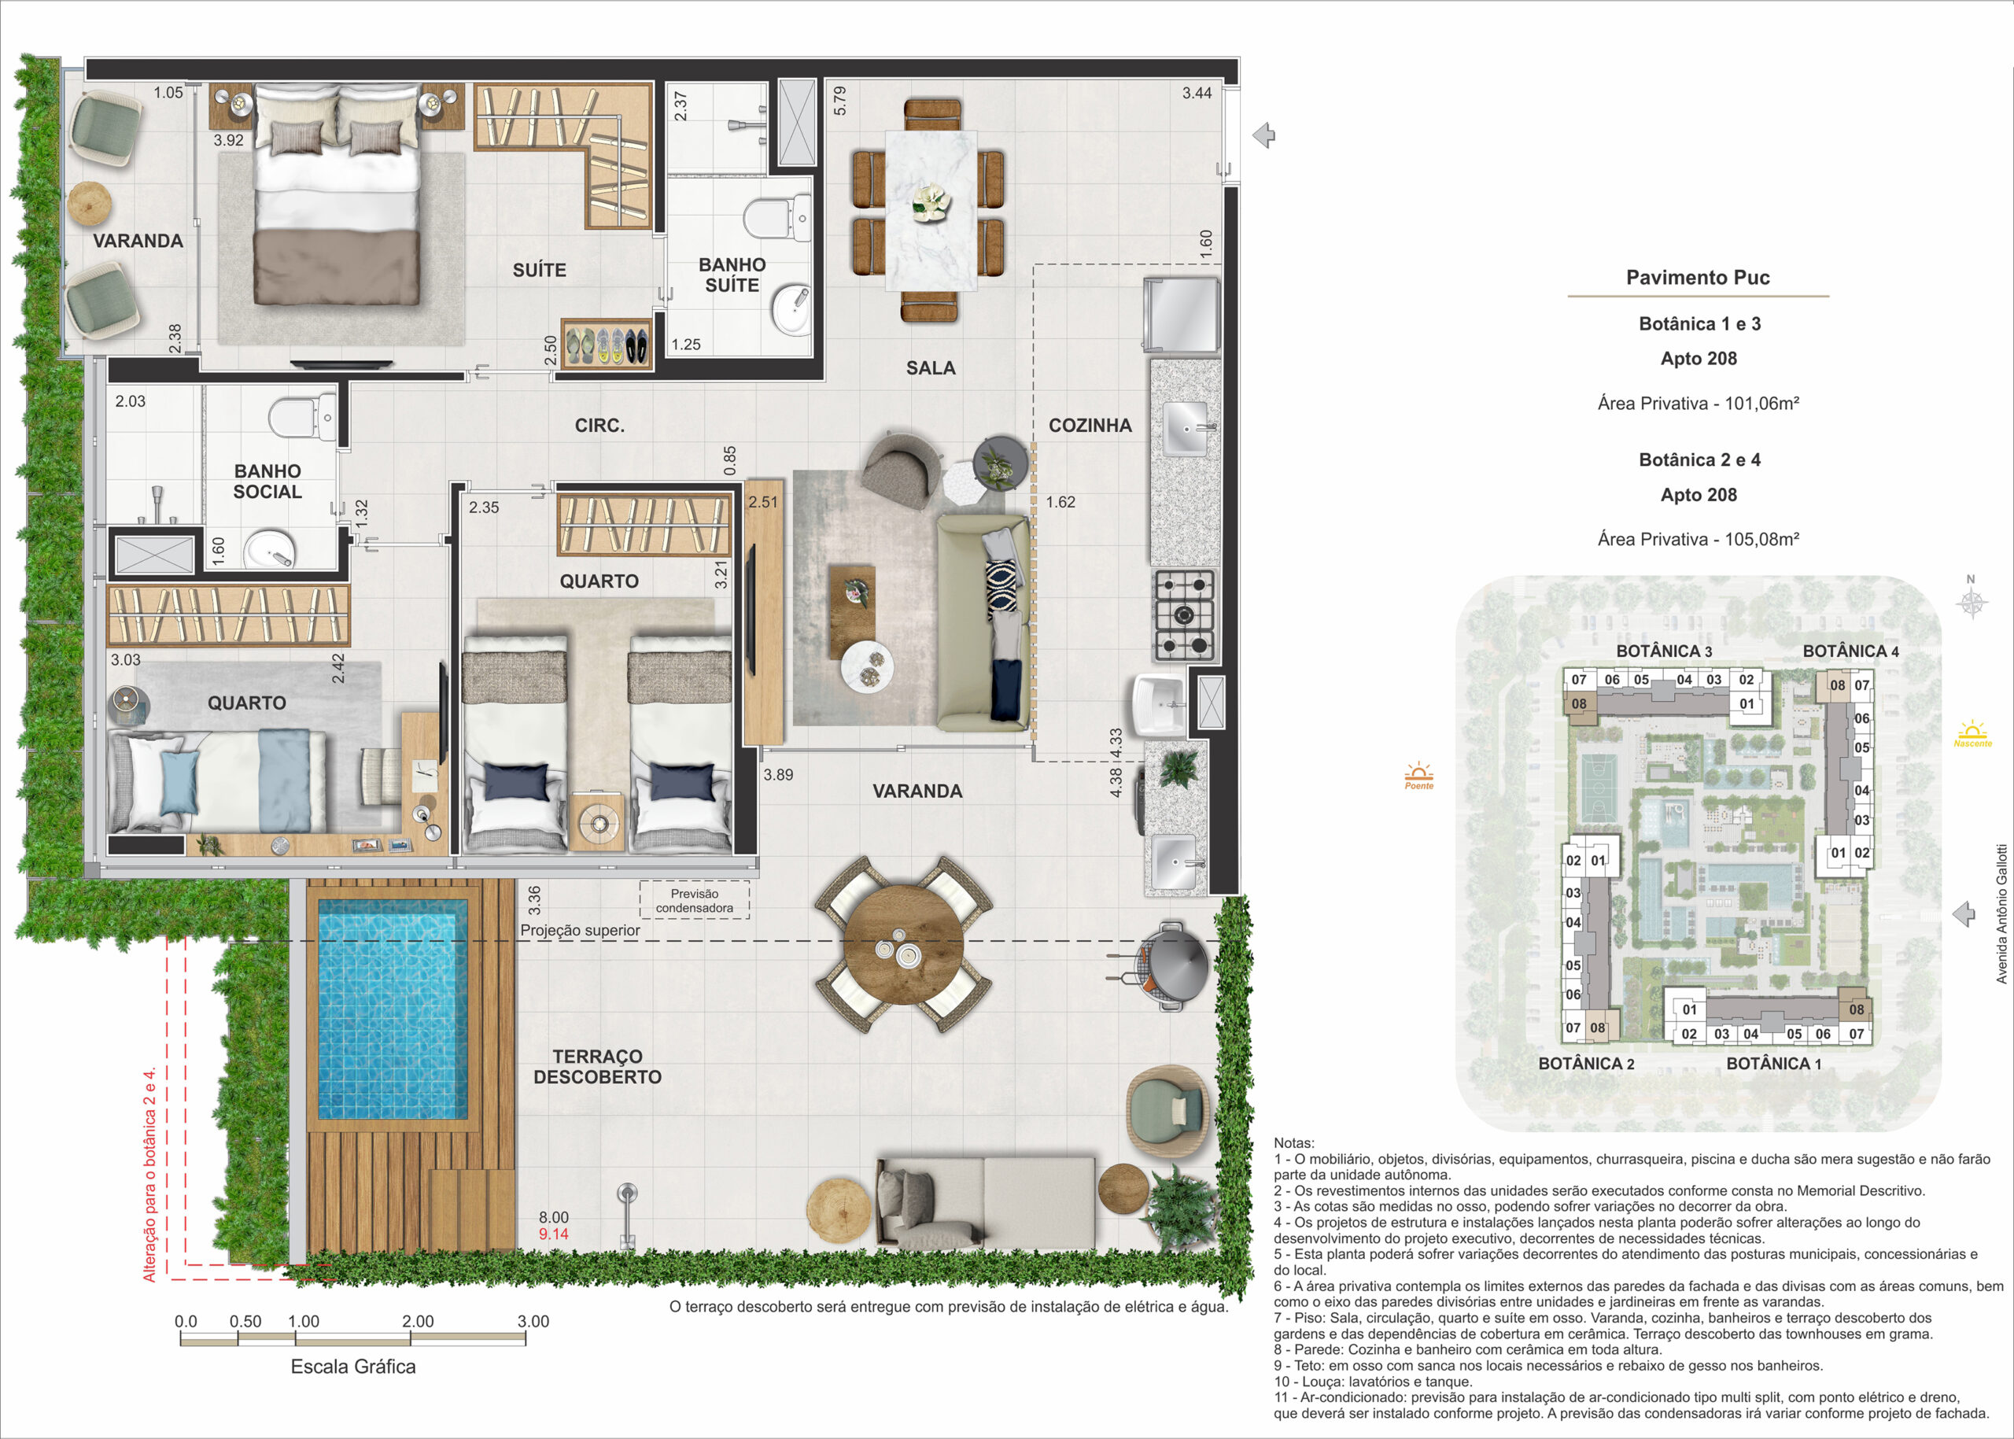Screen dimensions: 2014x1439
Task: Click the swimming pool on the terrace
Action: (393, 1011)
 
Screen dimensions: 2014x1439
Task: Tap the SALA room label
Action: (931, 367)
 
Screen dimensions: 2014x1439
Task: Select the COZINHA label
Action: (1090, 426)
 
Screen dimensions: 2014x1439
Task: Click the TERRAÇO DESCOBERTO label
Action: (597, 1067)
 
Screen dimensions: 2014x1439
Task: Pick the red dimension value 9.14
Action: (554, 1234)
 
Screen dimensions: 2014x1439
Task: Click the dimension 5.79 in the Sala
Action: (840, 100)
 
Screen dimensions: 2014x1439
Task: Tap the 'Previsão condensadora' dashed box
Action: (695, 900)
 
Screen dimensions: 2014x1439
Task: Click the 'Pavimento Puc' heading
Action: (1698, 278)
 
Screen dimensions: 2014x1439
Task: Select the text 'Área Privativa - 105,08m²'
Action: (1699, 539)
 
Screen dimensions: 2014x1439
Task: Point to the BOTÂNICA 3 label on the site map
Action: (1664, 651)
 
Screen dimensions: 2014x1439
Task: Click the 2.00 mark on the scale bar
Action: (417, 1321)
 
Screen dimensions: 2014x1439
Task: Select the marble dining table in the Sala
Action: (931, 210)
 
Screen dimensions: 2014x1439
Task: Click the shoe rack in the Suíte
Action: (606, 343)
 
